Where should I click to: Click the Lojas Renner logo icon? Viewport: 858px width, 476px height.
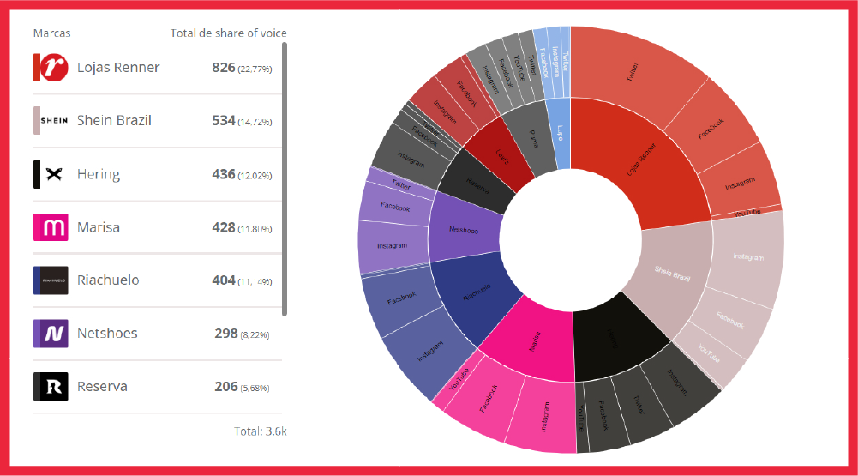[50, 68]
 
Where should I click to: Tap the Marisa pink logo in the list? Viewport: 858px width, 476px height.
[50, 227]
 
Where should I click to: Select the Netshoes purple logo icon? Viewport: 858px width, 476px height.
[50, 334]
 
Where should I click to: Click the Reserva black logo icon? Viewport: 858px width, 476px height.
[50, 386]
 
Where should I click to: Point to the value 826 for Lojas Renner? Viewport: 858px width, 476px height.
[224, 68]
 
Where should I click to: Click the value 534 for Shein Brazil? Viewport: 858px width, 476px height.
[224, 121]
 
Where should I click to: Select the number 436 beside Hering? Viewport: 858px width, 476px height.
[224, 174]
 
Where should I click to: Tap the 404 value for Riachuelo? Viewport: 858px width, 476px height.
[224, 280]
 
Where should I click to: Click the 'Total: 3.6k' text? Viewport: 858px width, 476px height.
[260, 431]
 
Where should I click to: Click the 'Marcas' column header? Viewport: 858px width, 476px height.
[51, 33]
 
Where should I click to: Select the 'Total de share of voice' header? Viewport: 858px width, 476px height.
[228, 33]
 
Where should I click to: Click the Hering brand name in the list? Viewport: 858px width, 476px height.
[98, 174]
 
